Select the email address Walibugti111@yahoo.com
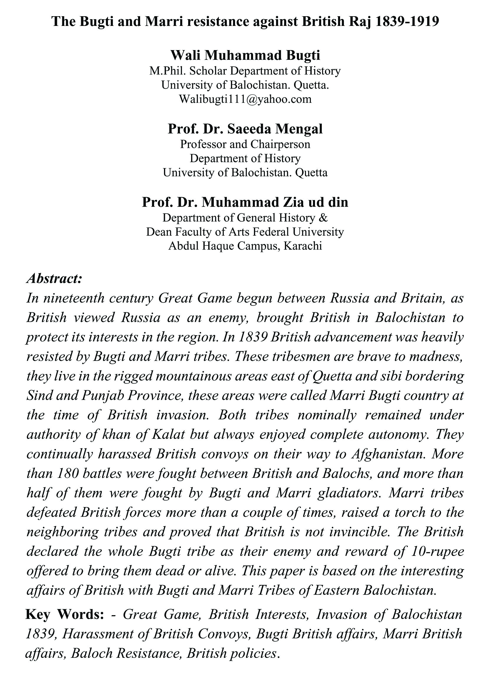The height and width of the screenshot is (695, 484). click(245, 99)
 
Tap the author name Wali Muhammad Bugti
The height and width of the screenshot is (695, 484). click(245, 56)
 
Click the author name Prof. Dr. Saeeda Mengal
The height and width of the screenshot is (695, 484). click(245, 129)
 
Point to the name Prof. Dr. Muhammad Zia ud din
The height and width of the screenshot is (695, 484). click(245, 202)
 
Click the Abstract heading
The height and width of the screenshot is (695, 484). click(54, 278)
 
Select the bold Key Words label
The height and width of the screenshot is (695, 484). click(65, 615)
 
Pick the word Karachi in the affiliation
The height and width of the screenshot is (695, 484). click(302, 246)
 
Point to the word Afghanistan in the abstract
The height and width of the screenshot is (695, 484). click(389, 454)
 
